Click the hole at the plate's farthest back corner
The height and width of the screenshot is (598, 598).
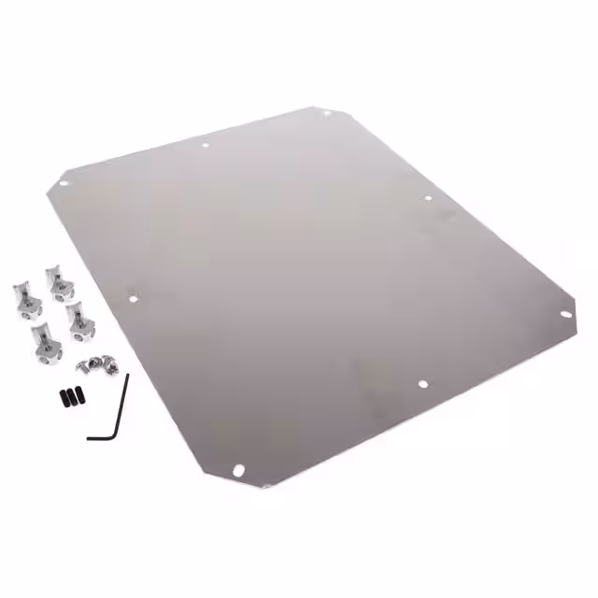pyautogui.click(x=326, y=114)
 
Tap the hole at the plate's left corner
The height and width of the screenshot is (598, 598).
pyautogui.click(x=64, y=183)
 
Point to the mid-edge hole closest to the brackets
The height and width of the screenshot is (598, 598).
pyautogui.click(x=134, y=299)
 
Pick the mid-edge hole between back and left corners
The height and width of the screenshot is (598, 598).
pyautogui.click(x=205, y=145)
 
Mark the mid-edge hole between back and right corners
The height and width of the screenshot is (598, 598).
pyautogui.click(x=428, y=198)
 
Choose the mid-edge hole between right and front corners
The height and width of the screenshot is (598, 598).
pyautogui.click(x=421, y=383)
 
